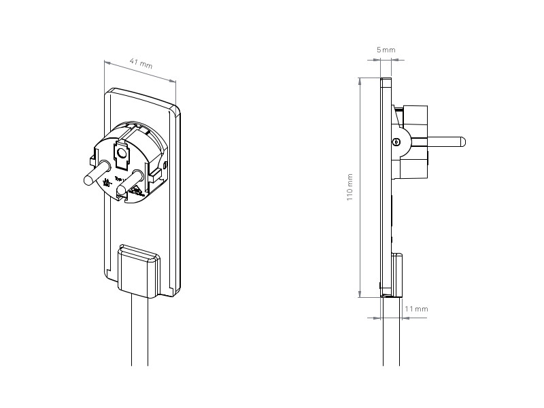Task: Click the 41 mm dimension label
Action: (x=140, y=65)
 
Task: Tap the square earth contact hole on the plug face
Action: (x=122, y=156)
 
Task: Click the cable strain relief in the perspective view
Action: (x=139, y=270)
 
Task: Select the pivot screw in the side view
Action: (x=397, y=142)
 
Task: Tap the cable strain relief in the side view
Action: (x=398, y=274)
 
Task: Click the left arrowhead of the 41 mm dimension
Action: (x=107, y=63)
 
